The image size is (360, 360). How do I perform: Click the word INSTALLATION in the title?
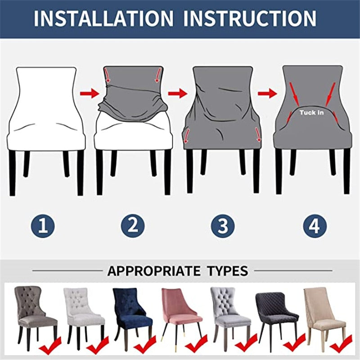pos(103,18)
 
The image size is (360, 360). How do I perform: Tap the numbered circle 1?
pos(43,225)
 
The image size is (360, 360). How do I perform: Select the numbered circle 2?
pos(132,225)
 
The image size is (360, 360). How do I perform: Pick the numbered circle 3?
pos(223,225)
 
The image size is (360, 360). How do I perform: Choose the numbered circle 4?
pos(315,225)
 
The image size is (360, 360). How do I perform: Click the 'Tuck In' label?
pos(311,112)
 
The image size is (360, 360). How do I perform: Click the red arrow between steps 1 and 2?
pos(89,94)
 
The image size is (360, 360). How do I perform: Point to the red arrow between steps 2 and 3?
pos(178,94)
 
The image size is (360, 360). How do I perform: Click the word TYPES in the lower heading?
pos(228,271)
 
